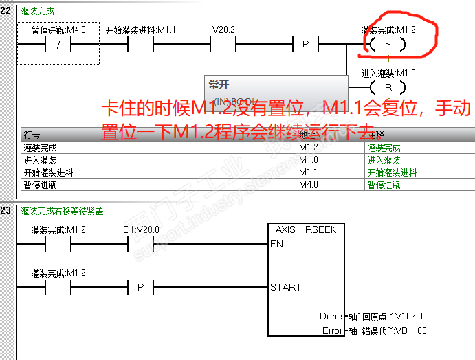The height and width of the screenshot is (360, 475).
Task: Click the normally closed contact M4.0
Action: [58, 45]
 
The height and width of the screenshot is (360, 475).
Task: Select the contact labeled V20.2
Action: [223, 45]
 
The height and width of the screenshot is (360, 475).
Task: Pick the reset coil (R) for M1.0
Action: [387, 87]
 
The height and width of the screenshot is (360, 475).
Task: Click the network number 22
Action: [7, 12]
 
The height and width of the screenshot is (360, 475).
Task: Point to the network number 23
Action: [7, 210]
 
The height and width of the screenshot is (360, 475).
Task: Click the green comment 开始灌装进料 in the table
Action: [392, 172]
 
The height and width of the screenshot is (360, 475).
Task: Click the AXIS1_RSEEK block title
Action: [306, 229]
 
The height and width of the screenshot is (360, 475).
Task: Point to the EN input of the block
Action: [276, 244]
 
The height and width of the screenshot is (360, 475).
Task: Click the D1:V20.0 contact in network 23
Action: [141, 244]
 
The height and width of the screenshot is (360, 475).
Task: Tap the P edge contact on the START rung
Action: [141, 286]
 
